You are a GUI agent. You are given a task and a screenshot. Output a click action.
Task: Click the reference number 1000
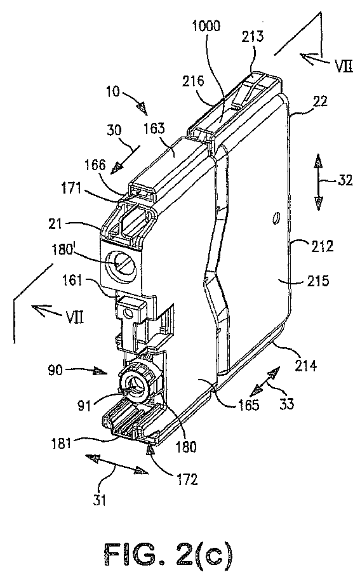tap(206, 27)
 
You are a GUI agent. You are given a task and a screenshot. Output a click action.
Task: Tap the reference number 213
tap(253, 36)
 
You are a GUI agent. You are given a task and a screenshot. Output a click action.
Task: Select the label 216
tap(193, 81)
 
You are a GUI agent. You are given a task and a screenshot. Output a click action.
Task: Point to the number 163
tap(154, 129)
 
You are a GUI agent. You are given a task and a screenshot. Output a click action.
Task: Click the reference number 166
tap(96, 164)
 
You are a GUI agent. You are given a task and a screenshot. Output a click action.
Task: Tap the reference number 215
tap(317, 281)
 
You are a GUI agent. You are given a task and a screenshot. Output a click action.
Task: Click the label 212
tap(321, 246)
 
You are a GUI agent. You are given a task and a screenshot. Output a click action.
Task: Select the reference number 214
tap(305, 366)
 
